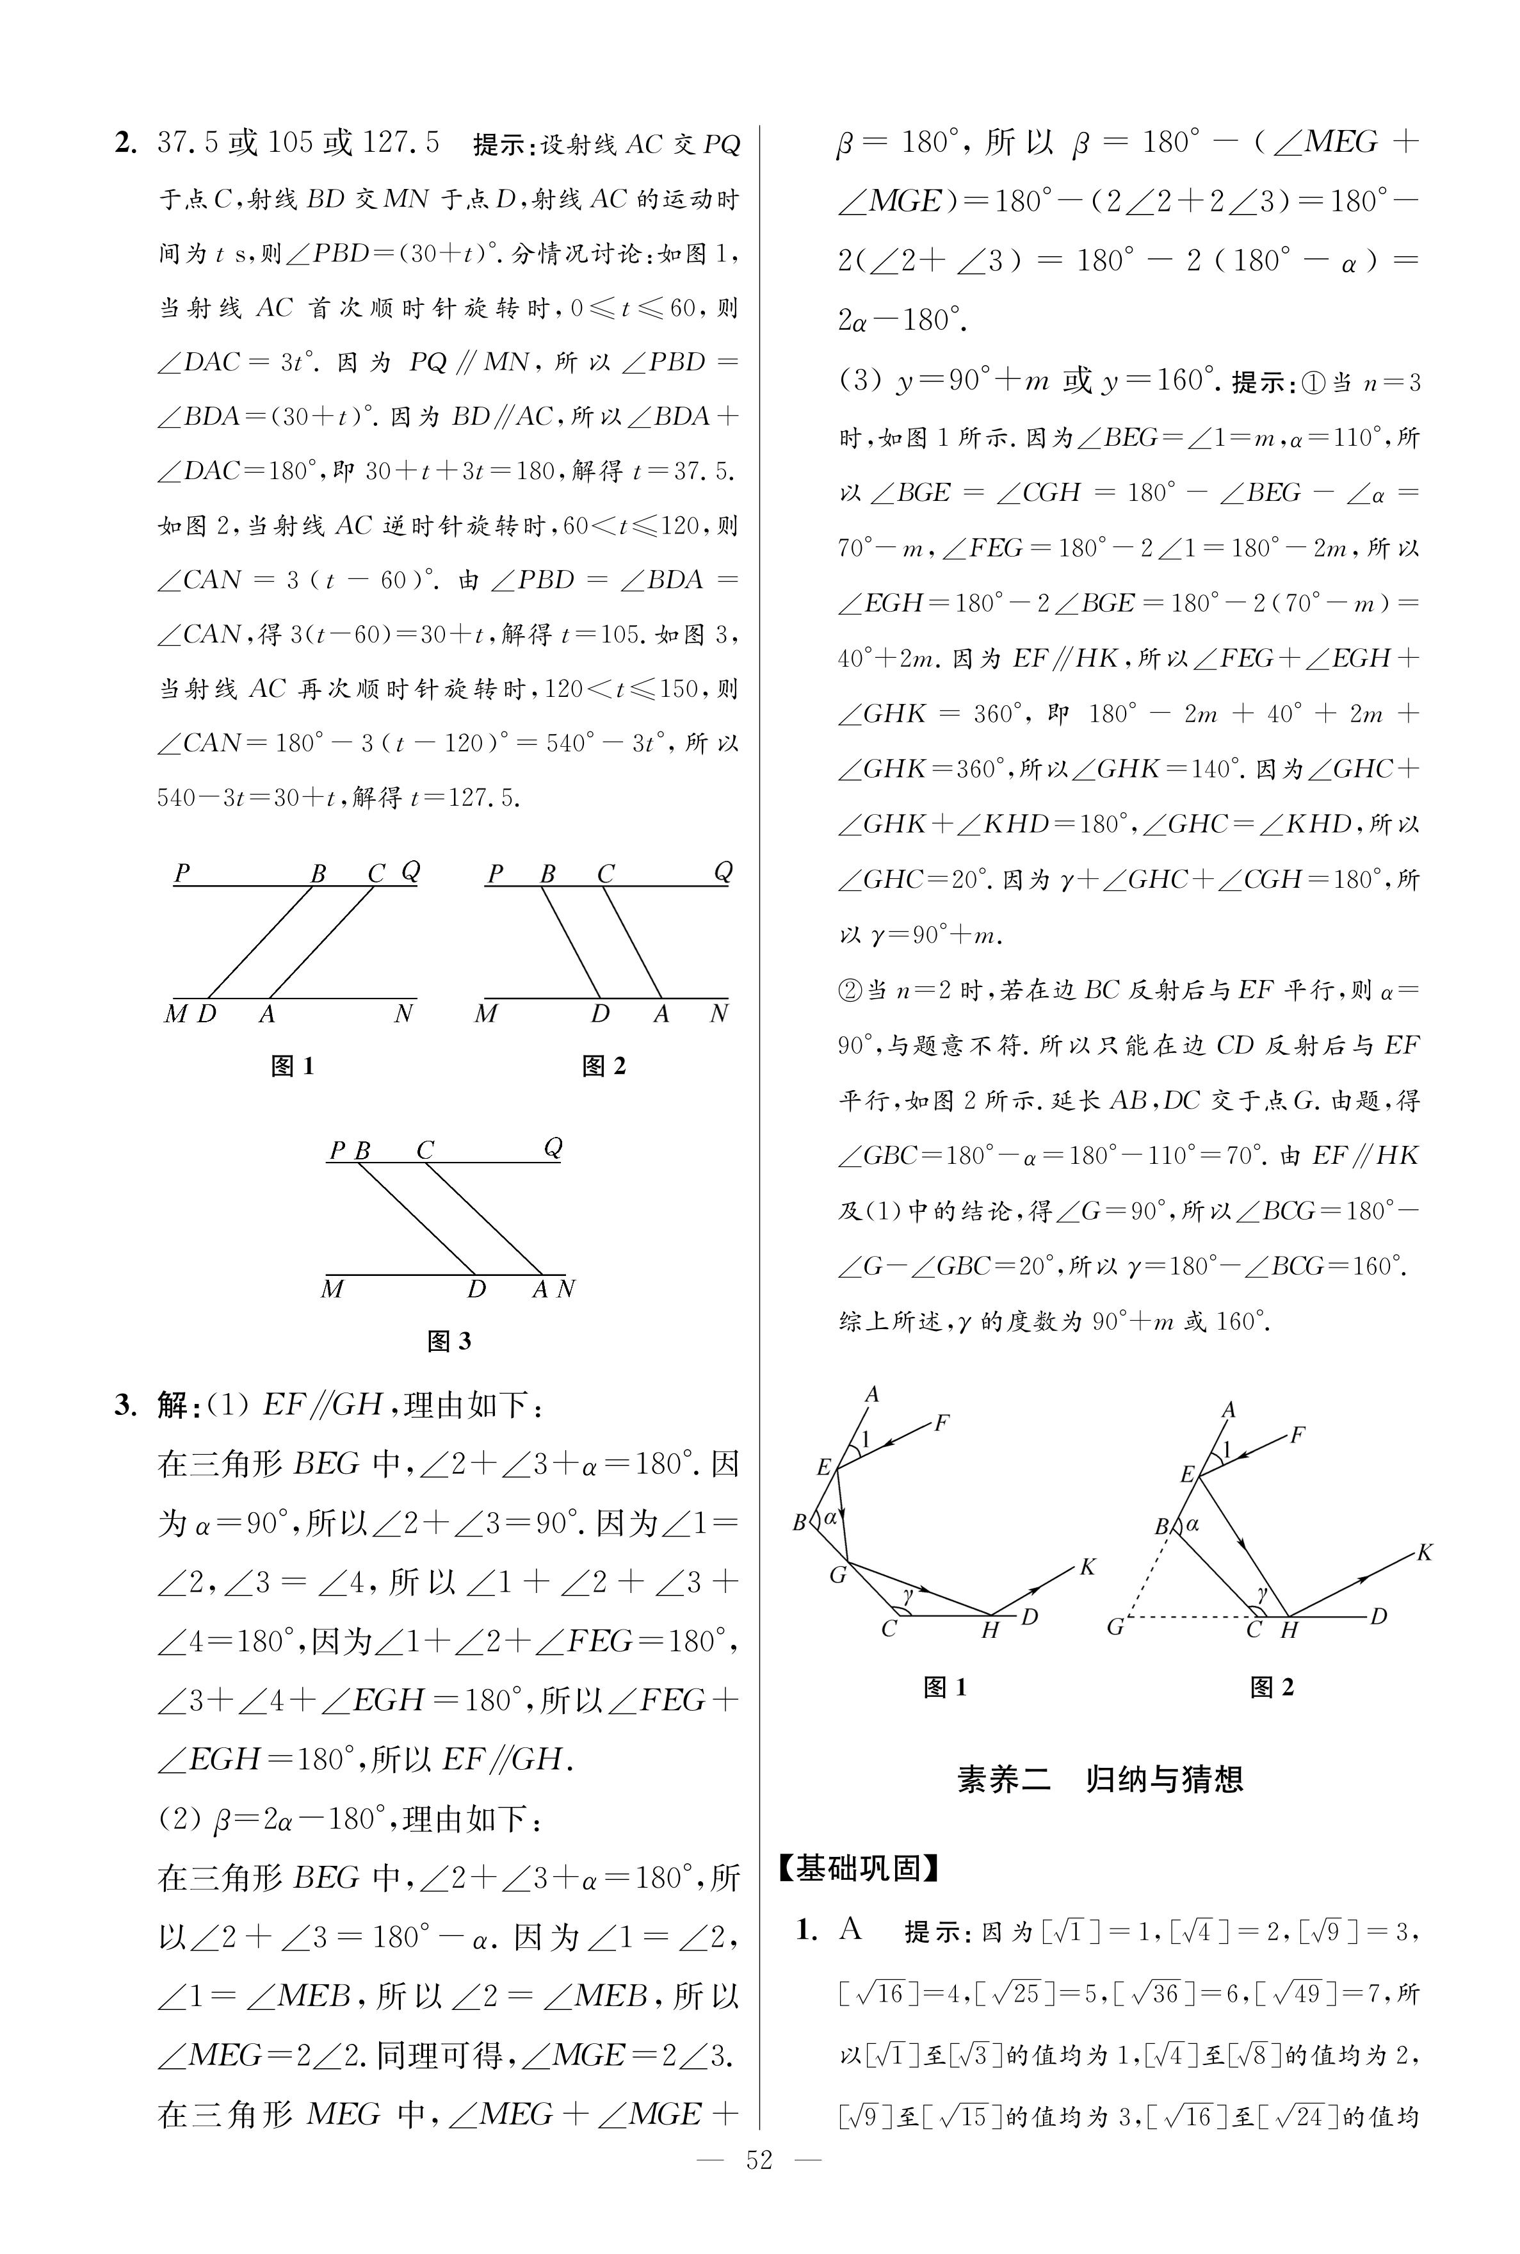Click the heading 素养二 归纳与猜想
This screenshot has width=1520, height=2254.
[x=1099, y=1779]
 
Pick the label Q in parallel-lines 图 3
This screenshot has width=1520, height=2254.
[x=553, y=1148]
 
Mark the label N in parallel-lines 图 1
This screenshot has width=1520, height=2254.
[x=403, y=1014]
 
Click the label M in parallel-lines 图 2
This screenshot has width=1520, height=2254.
[x=486, y=1014]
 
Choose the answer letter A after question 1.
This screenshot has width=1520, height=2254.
[x=850, y=1929]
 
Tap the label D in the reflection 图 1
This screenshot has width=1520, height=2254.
[x=1030, y=1616]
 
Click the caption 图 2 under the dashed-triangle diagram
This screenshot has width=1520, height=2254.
[x=1271, y=1687]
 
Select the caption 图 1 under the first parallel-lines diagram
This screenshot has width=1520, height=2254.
[x=292, y=1066]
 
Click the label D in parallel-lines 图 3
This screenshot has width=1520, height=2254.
[x=476, y=1289]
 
